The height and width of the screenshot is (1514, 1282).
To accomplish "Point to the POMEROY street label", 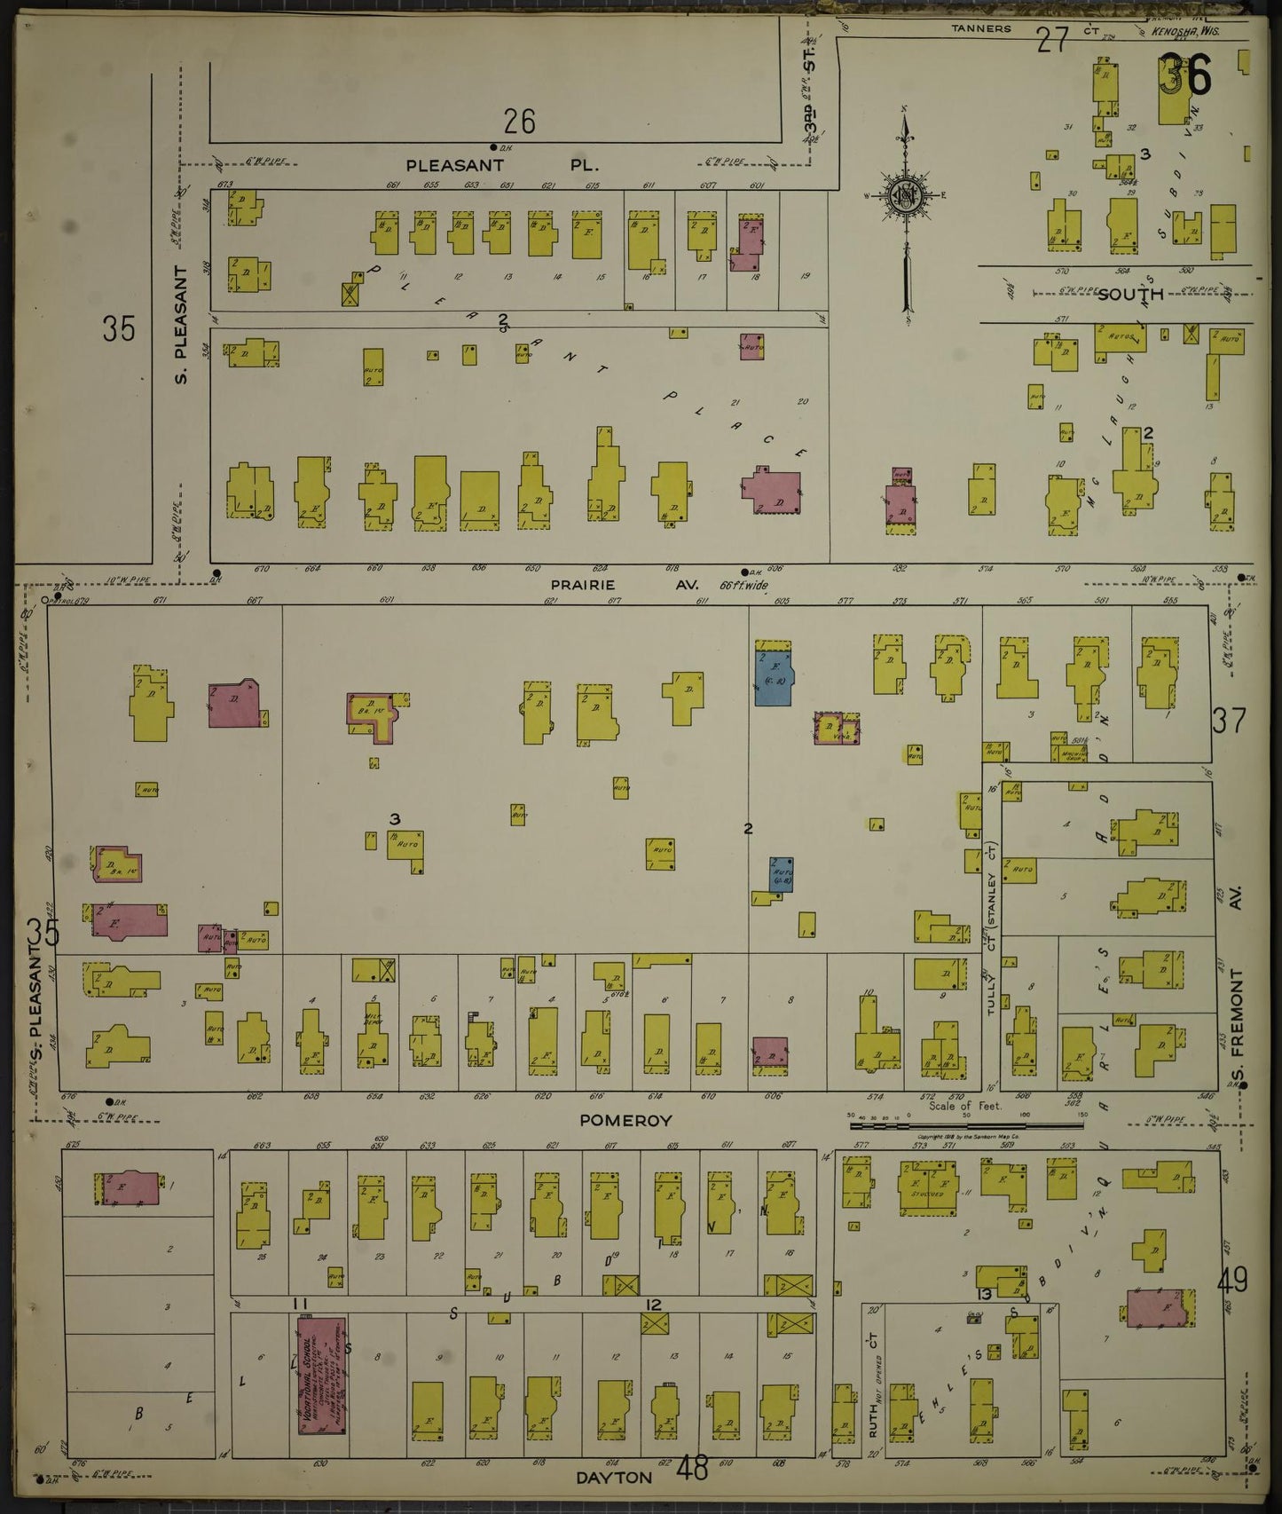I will pos(625,1121).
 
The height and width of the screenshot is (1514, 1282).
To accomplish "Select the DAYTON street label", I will pos(614,1478).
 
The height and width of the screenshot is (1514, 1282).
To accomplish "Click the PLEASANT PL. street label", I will pos(502,165).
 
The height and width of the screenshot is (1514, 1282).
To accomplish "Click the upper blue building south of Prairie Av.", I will pos(773,676).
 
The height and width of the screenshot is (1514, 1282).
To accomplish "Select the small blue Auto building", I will pos(782,875).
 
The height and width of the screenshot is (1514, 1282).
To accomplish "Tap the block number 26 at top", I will pos(519,121).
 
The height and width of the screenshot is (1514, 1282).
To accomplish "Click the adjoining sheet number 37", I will pos(1229,721).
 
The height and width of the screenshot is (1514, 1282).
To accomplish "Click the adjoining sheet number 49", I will pos(1233,1281).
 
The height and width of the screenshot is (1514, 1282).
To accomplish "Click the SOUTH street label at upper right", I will pos(1129,294).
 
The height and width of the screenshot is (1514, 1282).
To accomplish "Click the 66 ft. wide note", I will pos(744,586).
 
